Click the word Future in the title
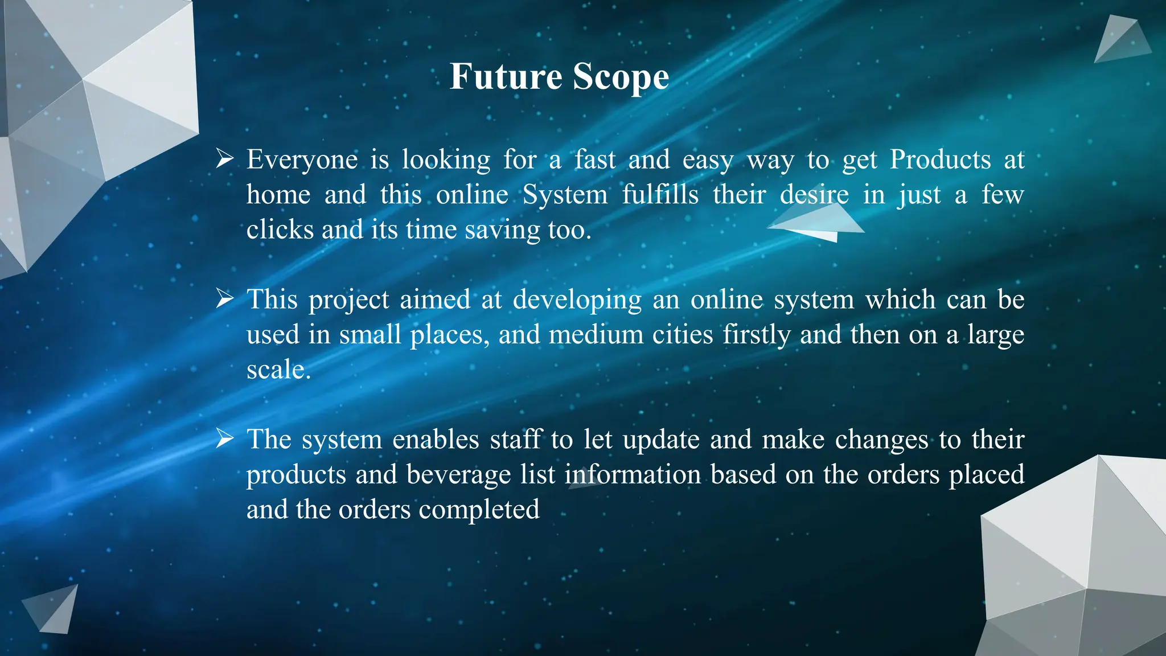click(506, 76)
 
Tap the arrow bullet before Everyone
click(225, 159)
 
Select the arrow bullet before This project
click(225, 298)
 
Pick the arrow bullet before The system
click(225, 438)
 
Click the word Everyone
click(302, 160)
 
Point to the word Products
click(940, 159)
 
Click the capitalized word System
click(565, 195)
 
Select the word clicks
click(280, 229)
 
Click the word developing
click(577, 301)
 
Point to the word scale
click(278, 370)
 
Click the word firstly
click(756, 335)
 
